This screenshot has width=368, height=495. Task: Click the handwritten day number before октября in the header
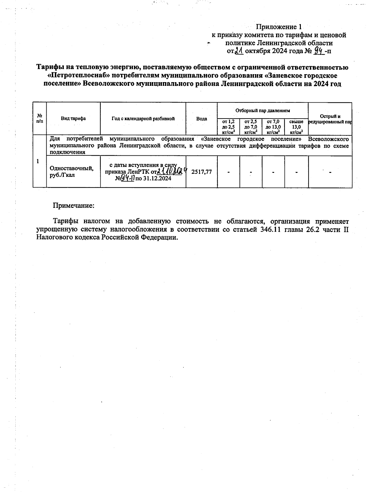(239, 51)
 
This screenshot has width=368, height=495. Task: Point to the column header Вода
(201, 119)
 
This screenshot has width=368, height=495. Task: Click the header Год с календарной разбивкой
(143, 119)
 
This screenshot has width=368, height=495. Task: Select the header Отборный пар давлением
(263, 110)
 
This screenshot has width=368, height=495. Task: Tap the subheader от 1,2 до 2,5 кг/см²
(228, 127)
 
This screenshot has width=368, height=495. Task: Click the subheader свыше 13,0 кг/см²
(296, 127)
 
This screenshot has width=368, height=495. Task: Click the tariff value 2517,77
(201, 172)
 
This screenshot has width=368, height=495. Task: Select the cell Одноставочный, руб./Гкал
(71, 172)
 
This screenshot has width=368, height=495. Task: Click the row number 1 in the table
(38, 161)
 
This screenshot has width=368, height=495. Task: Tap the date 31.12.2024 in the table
(157, 178)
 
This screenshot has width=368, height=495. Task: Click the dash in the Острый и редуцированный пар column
(330, 172)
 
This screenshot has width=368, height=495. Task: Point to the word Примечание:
(74, 205)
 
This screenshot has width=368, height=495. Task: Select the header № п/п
(40, 118)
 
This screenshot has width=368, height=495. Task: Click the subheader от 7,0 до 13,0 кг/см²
(273, 127)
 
